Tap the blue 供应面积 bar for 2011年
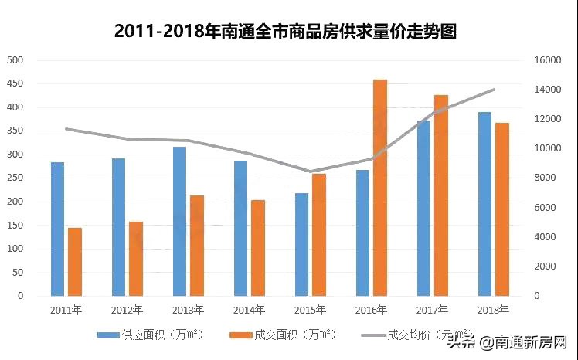(57, 229)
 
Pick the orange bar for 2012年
(135, 259)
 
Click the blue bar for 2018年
(484, 204)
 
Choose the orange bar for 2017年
(440, 195)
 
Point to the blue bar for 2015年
(301, 244)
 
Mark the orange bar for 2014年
(257, 248)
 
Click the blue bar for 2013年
(179, 221)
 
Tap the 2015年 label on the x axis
(310, 310)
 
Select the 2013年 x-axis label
(188, 310)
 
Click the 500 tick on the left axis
(15, 60)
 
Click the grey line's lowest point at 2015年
(310, 172)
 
